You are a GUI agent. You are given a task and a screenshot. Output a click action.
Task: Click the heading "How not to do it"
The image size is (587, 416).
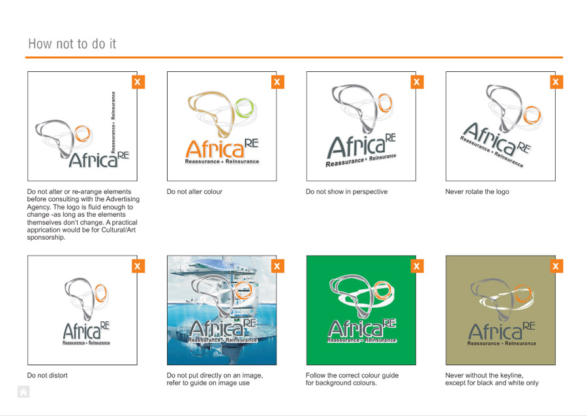tap(72, 44)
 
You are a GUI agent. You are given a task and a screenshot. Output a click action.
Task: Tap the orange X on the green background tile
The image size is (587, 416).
tap(417, 266)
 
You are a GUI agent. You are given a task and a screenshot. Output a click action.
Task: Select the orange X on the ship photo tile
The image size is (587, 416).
tap(277, 266)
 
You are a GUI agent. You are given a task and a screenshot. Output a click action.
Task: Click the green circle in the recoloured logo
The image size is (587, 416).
tap(245, 108)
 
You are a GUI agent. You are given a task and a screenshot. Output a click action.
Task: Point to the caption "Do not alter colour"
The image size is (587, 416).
tap(194, 191)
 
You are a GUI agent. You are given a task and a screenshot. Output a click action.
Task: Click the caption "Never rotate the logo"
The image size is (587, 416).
tap(477, 191)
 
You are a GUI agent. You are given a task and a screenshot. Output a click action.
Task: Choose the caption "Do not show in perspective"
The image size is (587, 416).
tap(347, 191)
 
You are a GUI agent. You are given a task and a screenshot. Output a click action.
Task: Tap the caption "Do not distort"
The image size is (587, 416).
tap(47, 375)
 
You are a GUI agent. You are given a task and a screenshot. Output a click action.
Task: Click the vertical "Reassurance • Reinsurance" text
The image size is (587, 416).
tap(113, 122)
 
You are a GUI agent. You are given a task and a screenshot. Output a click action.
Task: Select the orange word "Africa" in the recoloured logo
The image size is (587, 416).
tap(215, 149)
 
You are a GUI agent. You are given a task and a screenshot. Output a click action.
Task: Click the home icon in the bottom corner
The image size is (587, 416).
tap(23, 392)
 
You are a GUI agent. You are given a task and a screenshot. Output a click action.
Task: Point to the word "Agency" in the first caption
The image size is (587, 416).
tap(38, 207)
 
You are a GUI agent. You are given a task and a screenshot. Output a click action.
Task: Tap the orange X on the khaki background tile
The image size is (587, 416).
tap(556, 266)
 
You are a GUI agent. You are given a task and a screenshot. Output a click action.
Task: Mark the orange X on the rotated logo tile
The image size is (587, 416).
tap(556, 82)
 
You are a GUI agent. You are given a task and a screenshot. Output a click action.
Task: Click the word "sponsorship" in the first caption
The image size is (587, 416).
tap(45, 238)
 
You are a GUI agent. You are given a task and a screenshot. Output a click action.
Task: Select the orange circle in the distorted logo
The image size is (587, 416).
tap(100, 293)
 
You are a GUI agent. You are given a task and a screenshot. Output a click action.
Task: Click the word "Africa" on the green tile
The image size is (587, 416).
tap(355, 328)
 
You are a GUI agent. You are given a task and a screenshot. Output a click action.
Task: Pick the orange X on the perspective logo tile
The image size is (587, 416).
tap(417, 82)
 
